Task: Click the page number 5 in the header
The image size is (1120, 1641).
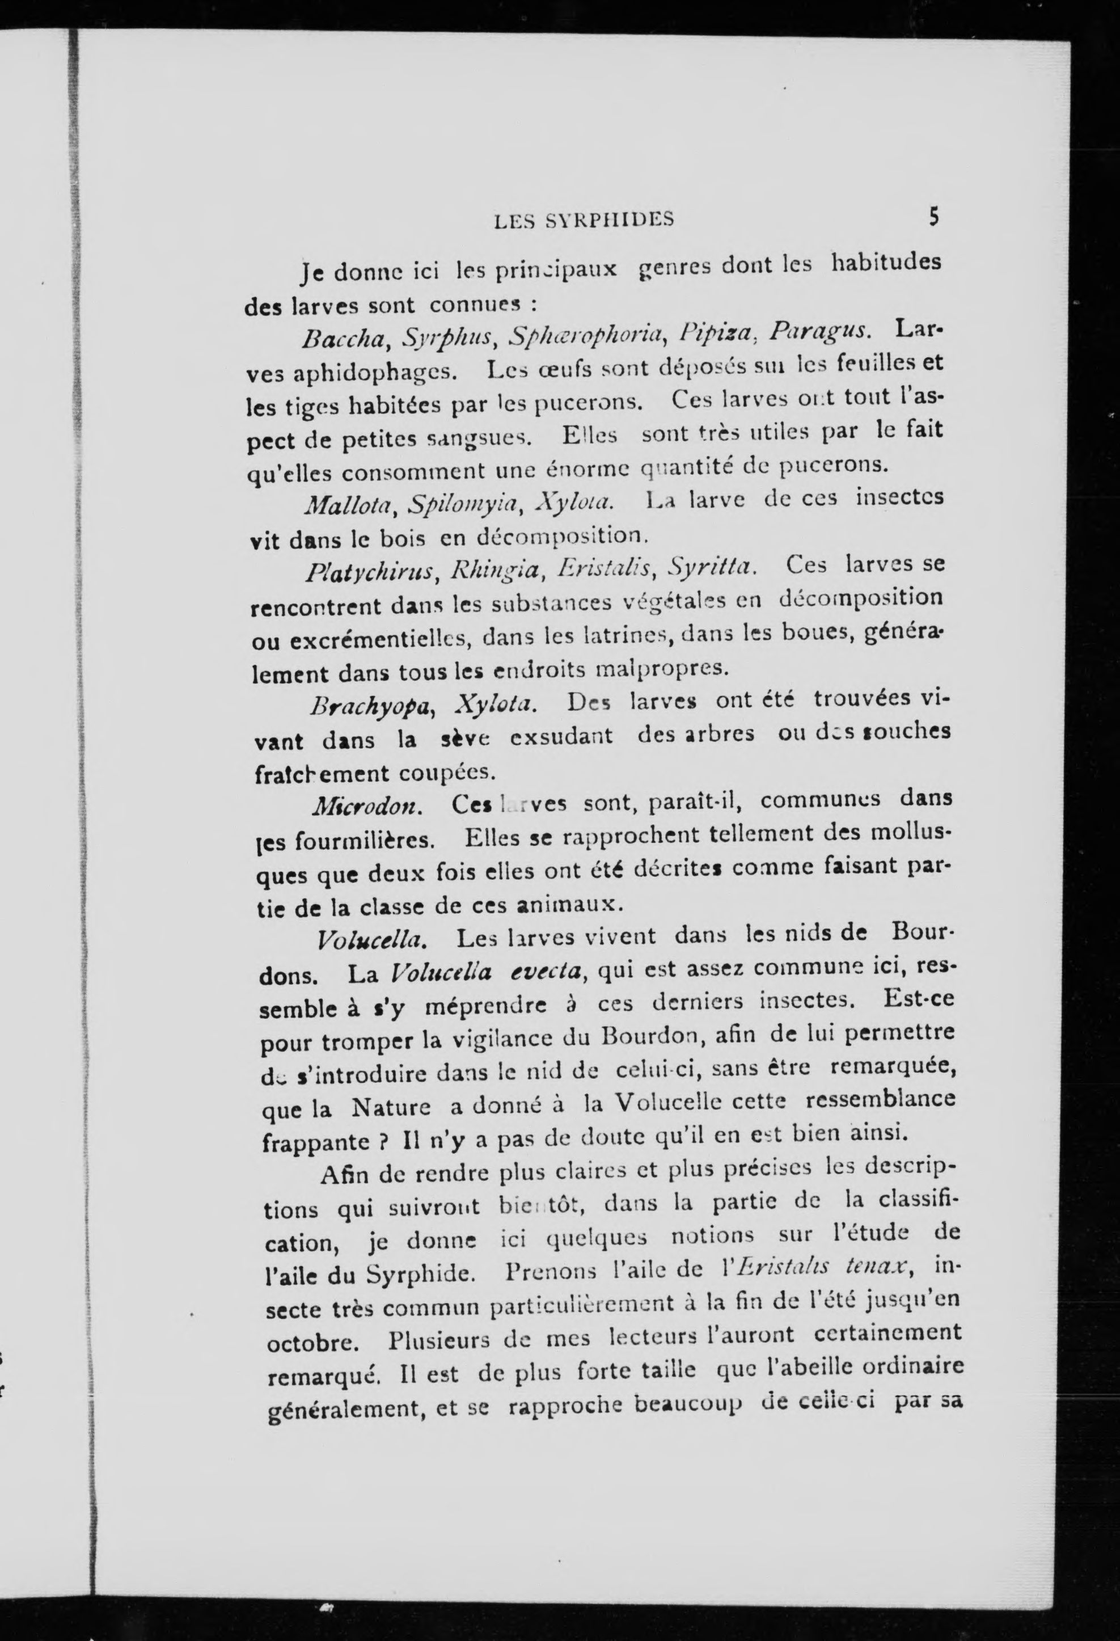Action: (933, 217)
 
